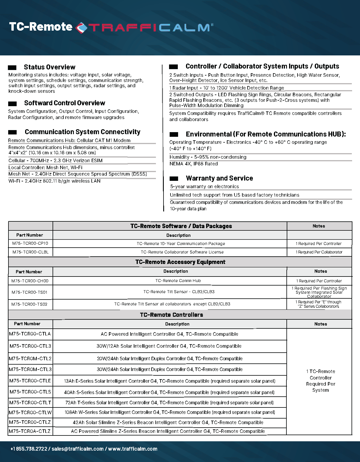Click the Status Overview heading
pos(49,67)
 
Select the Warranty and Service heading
pos(219,178)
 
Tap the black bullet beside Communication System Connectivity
pos(13,132)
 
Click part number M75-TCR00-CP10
pos(30,244)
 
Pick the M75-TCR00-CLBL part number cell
pos(30,252)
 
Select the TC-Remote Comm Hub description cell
pos(178,281)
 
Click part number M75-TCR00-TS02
pos(29,304)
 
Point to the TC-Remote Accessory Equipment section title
pos(180,262)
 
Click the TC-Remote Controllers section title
pos(171,315)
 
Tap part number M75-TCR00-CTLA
pos(30,334)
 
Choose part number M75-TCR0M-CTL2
pos(30,358)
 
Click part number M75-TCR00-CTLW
pos(30,412)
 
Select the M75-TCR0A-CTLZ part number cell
pos(30,431)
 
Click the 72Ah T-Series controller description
pos(169,402)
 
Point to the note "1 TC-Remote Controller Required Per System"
pos(320,381)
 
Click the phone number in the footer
pos(29,449)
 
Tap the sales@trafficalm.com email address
pos(77,449)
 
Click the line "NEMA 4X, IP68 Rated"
pos(194,164)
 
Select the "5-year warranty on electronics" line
pos(204,187)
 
